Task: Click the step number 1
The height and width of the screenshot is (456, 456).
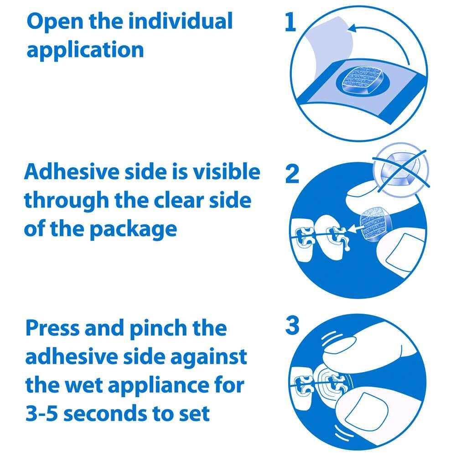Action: click(290, 23)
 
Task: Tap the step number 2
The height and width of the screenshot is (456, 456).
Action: click(292, 175)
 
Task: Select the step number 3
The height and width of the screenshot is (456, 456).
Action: click(292, 326)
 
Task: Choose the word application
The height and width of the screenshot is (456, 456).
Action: click(85, 50)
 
